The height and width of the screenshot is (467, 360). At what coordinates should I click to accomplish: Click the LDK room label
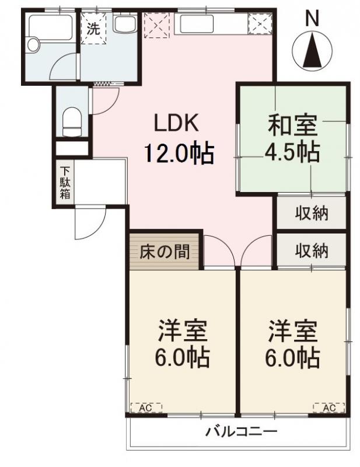point(177,124)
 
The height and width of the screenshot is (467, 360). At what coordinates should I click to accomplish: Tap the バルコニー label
point(240,433)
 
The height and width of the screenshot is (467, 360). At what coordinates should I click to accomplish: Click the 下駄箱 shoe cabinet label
point(64,183)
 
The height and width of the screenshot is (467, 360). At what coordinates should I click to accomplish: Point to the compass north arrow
point(313,50)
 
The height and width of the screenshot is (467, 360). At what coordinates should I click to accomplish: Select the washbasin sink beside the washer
point(124,25)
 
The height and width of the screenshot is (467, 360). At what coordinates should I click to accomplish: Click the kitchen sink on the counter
point(200,25)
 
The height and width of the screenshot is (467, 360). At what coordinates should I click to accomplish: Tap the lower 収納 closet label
point(311,251)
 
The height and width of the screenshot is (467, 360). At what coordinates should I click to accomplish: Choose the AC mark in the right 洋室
point(328,408)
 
